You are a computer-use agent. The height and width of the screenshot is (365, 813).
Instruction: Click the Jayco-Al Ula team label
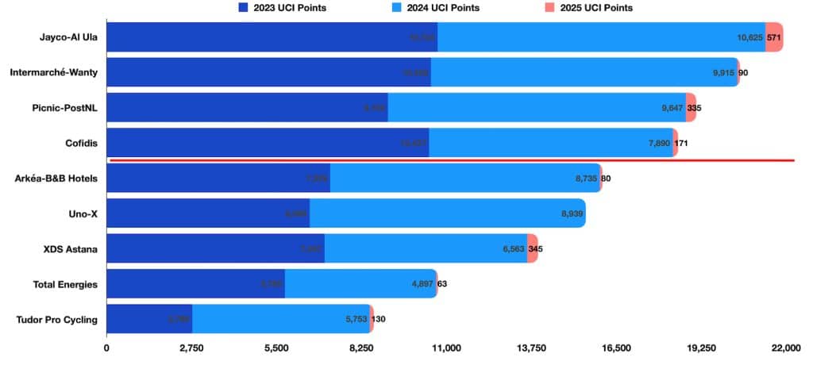coord(71,37)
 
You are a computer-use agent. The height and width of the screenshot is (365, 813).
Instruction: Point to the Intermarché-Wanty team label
coord(54,73)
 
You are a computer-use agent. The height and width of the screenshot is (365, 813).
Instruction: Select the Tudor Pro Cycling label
coord(57,320)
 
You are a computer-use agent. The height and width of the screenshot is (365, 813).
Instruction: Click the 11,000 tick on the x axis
coord(446,348)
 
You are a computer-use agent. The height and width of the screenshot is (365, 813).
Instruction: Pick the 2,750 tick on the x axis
coord(191,348)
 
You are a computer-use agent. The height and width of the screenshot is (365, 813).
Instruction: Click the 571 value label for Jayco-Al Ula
coord(775,37)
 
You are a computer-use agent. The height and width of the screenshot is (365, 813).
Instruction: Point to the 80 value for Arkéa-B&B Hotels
coord(606,179)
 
